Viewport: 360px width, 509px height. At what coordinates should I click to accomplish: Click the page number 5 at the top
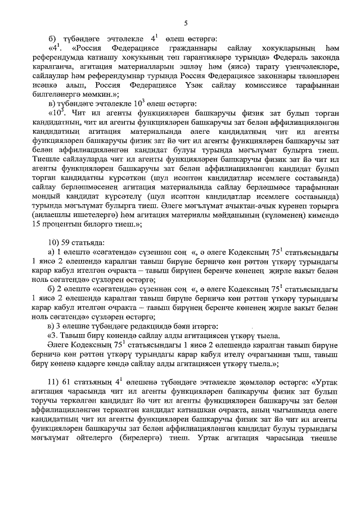(185, 22)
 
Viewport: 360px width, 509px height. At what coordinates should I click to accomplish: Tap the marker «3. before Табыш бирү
(54, 336)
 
